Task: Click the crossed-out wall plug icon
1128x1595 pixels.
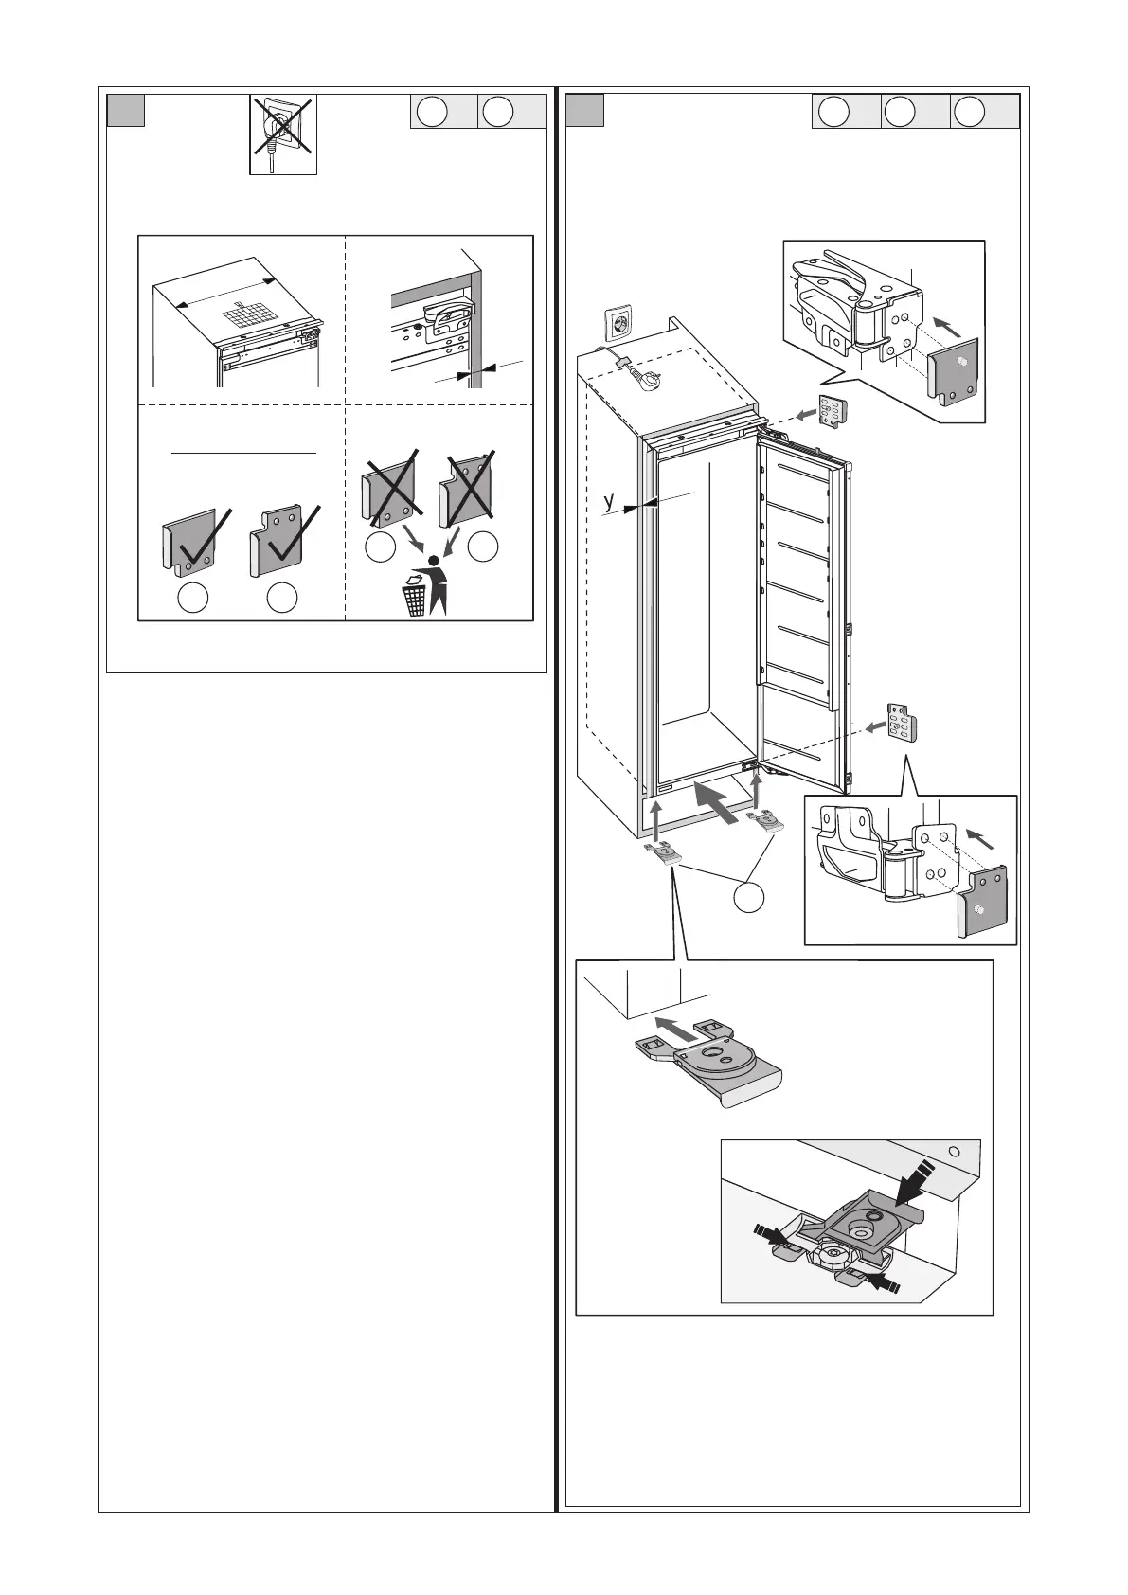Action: pos(283,134)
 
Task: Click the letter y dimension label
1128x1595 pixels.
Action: pos(608,501)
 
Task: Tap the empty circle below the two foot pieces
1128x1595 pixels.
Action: pos(748,898)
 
